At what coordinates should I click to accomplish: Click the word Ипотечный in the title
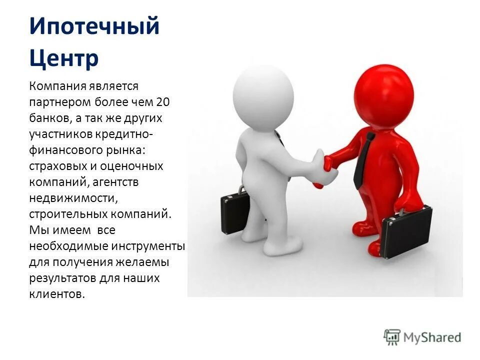coord(94,26)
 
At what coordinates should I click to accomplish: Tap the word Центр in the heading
coord(63,57)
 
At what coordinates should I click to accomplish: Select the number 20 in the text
coord(163,102)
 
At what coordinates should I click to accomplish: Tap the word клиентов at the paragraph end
coord(57,294)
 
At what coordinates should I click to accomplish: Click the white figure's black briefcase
coord(235,212)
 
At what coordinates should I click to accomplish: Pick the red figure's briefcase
coord(406,231)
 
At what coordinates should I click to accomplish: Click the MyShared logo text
coord(432,337)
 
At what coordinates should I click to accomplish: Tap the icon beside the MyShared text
coord(392,336)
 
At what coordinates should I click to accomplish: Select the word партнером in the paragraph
coord(60,102)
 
